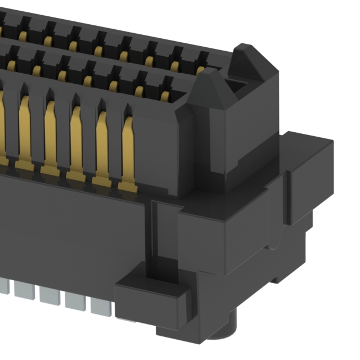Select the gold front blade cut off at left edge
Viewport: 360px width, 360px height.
[2, 129]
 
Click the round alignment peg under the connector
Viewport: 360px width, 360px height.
[228, 332]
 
